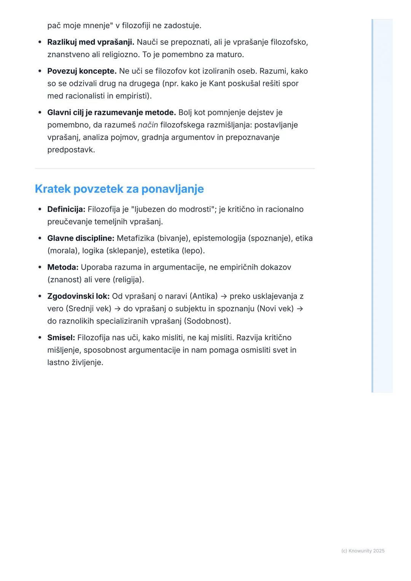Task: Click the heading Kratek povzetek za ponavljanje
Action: click(x=119, y=189)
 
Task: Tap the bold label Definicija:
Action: click(x=66, y=209)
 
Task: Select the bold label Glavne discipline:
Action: click(x=81, y=238)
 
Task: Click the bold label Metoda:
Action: click(x=63, y=267)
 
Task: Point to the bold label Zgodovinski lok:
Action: click(x=78, y=296)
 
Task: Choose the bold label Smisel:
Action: click(x=61, y=338)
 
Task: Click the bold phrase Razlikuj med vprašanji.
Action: click(x=91, y=42)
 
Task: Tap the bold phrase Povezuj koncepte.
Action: click(x=82, y=71)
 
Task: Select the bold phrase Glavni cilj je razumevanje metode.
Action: click(x=112, y=113)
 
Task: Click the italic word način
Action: click(x=148, y=125)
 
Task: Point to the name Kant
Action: click(x=217, y=84)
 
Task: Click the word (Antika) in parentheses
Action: click(x=204, y=296)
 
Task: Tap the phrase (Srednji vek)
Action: click(x=91, y=309)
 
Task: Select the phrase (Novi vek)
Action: click(x=276, y=309)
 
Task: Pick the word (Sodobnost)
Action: click(x=207, y=321)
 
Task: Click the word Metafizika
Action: click(x=135, y=238)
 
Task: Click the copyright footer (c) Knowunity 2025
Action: click(x=363, y=551)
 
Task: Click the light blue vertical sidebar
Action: click(x=382, y=205)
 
